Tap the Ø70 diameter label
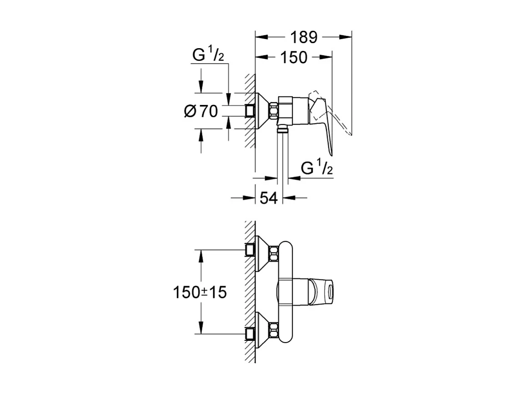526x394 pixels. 201,111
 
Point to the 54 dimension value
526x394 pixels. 268,198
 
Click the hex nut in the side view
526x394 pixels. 274,111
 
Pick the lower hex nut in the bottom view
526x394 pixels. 274,331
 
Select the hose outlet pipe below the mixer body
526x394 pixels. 283,155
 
